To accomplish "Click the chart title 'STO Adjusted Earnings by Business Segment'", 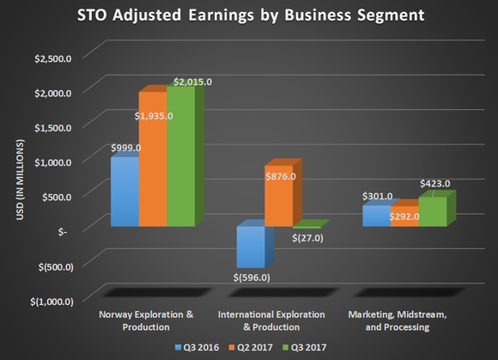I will [x=249, y=17].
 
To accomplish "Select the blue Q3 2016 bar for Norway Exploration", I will [x=124, y=193].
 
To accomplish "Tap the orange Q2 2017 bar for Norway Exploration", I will [x=152, y=160].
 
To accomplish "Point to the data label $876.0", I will [x=280, y=176].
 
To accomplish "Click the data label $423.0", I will [x=434, y=183].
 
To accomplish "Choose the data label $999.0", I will [x=125, y=148].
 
